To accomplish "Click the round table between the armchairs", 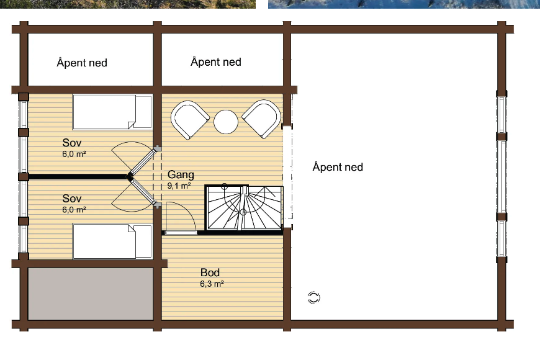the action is click(226, 122).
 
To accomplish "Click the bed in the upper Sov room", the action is click(112, 112).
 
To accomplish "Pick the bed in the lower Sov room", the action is click(112, 241).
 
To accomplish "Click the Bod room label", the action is click(210, 272).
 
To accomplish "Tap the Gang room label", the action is click(181, 174).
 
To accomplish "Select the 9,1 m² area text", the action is click(179, 186).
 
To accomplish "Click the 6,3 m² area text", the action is click(212, 284).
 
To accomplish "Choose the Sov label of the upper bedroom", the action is click(72, 143).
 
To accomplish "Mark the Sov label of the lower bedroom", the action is click(72, 199).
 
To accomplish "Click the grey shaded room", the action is click(91, 294).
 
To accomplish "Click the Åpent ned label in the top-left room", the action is click(82, 63).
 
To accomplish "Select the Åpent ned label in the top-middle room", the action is click(216, 61).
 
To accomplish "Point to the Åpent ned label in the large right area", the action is click(338, 167).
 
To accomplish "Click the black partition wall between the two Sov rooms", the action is click(78, 177).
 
